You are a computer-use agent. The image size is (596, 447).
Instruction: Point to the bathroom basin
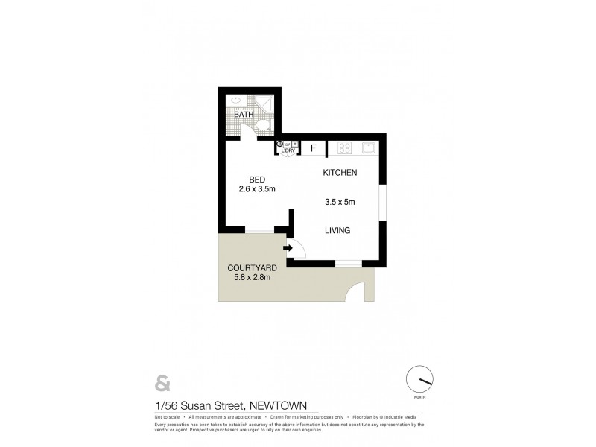point(235,100)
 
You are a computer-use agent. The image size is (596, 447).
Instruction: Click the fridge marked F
point(314,148)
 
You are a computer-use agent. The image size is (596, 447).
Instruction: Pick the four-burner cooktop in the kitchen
point(345,148)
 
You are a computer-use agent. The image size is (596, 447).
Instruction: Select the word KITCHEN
point(340,173)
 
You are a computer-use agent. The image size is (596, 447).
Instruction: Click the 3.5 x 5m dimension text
point(340,201)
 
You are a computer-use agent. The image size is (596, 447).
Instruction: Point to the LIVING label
point(337,231)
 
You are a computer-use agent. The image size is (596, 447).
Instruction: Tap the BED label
point(257,180)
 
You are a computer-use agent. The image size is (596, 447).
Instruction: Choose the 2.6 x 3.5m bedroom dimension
point(257,190)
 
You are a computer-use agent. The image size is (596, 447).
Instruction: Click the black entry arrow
point(288,248)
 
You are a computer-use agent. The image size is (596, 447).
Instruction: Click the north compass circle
point(420,380)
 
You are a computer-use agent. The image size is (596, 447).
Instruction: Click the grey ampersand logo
point(162,384)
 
